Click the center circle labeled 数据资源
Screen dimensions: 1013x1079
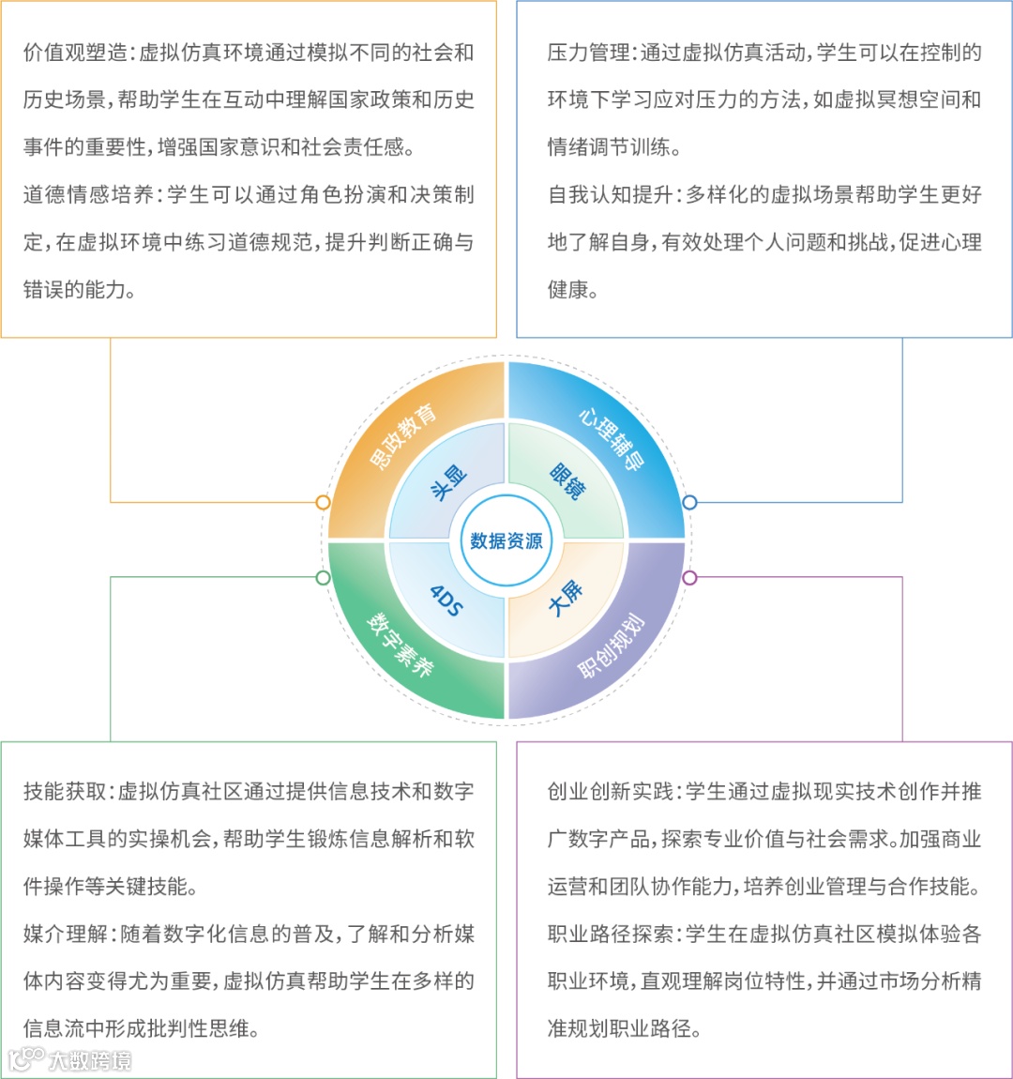(x=506, y=540)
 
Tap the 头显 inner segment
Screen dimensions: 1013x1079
(x=448, y=482)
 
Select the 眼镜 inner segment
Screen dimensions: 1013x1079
(x=567, y=480)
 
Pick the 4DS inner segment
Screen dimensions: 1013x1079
(x=446, y=600)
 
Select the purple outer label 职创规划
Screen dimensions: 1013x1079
(x=611, y=646)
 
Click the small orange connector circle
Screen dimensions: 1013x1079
(x=324, y=502)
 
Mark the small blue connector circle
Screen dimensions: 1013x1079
(x=689, y=502)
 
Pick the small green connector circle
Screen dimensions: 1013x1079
(x=324, y=577)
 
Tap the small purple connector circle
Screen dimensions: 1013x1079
(x=689, y=577)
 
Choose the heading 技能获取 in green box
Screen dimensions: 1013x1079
(x=65, y=792)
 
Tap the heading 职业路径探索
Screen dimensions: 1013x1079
(x=611, y=935)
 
